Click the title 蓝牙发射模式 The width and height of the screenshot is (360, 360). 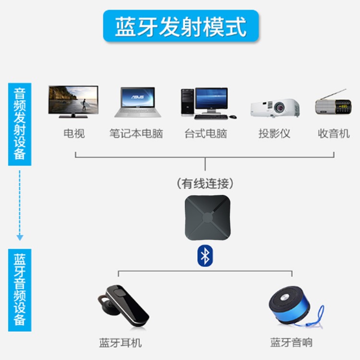click(x=180, y=26)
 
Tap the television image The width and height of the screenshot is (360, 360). click(x=73, y=101)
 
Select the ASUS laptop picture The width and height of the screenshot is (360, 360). click(x=134, y=102)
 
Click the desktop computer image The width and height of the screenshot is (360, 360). click(x=206, y=103)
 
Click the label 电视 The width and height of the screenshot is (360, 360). click(x=74, y=133)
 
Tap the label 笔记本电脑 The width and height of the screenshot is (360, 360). click(x=136, y=133)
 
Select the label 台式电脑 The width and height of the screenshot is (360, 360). click(x=205, y=133)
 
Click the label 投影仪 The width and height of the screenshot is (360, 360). click(x=274, y=133)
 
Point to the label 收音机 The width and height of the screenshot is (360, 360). click(x=334, y=133)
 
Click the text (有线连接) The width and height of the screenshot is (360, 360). click(x=205, y=183)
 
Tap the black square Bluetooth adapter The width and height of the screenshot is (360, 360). click(x=207, y=217)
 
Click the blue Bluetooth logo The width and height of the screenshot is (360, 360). click(x=205, y=256)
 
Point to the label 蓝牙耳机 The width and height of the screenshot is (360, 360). click(x=120, y=343)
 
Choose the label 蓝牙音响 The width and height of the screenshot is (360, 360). click(x=291, y=343)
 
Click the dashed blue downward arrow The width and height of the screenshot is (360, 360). click(x=20, y=204)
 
